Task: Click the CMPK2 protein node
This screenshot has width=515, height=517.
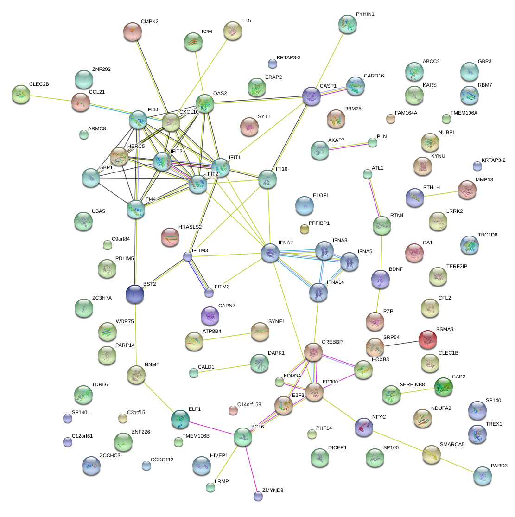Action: point(133,32)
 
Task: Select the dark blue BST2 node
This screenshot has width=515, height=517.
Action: point(135,294)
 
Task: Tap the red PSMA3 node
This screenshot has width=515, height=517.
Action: point(427,339)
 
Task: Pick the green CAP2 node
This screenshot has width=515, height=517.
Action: point(443,387)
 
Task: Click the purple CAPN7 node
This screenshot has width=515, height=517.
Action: point(210,315)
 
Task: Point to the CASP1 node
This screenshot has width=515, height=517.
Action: point(312,96)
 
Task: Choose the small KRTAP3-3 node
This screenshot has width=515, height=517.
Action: point(272,63)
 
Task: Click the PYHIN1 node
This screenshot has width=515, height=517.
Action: point(347,24)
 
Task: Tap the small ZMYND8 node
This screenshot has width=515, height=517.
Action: point(258,496)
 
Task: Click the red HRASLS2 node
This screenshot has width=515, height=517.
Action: point(170,237)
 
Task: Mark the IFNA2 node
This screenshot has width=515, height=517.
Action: point(270,253)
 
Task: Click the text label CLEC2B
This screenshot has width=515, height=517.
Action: point(39,84)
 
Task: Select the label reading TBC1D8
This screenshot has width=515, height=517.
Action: point(487,235)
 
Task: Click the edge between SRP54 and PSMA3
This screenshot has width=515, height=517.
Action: point(401,343)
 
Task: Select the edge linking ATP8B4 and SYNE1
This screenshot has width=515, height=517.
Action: point(227,336)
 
